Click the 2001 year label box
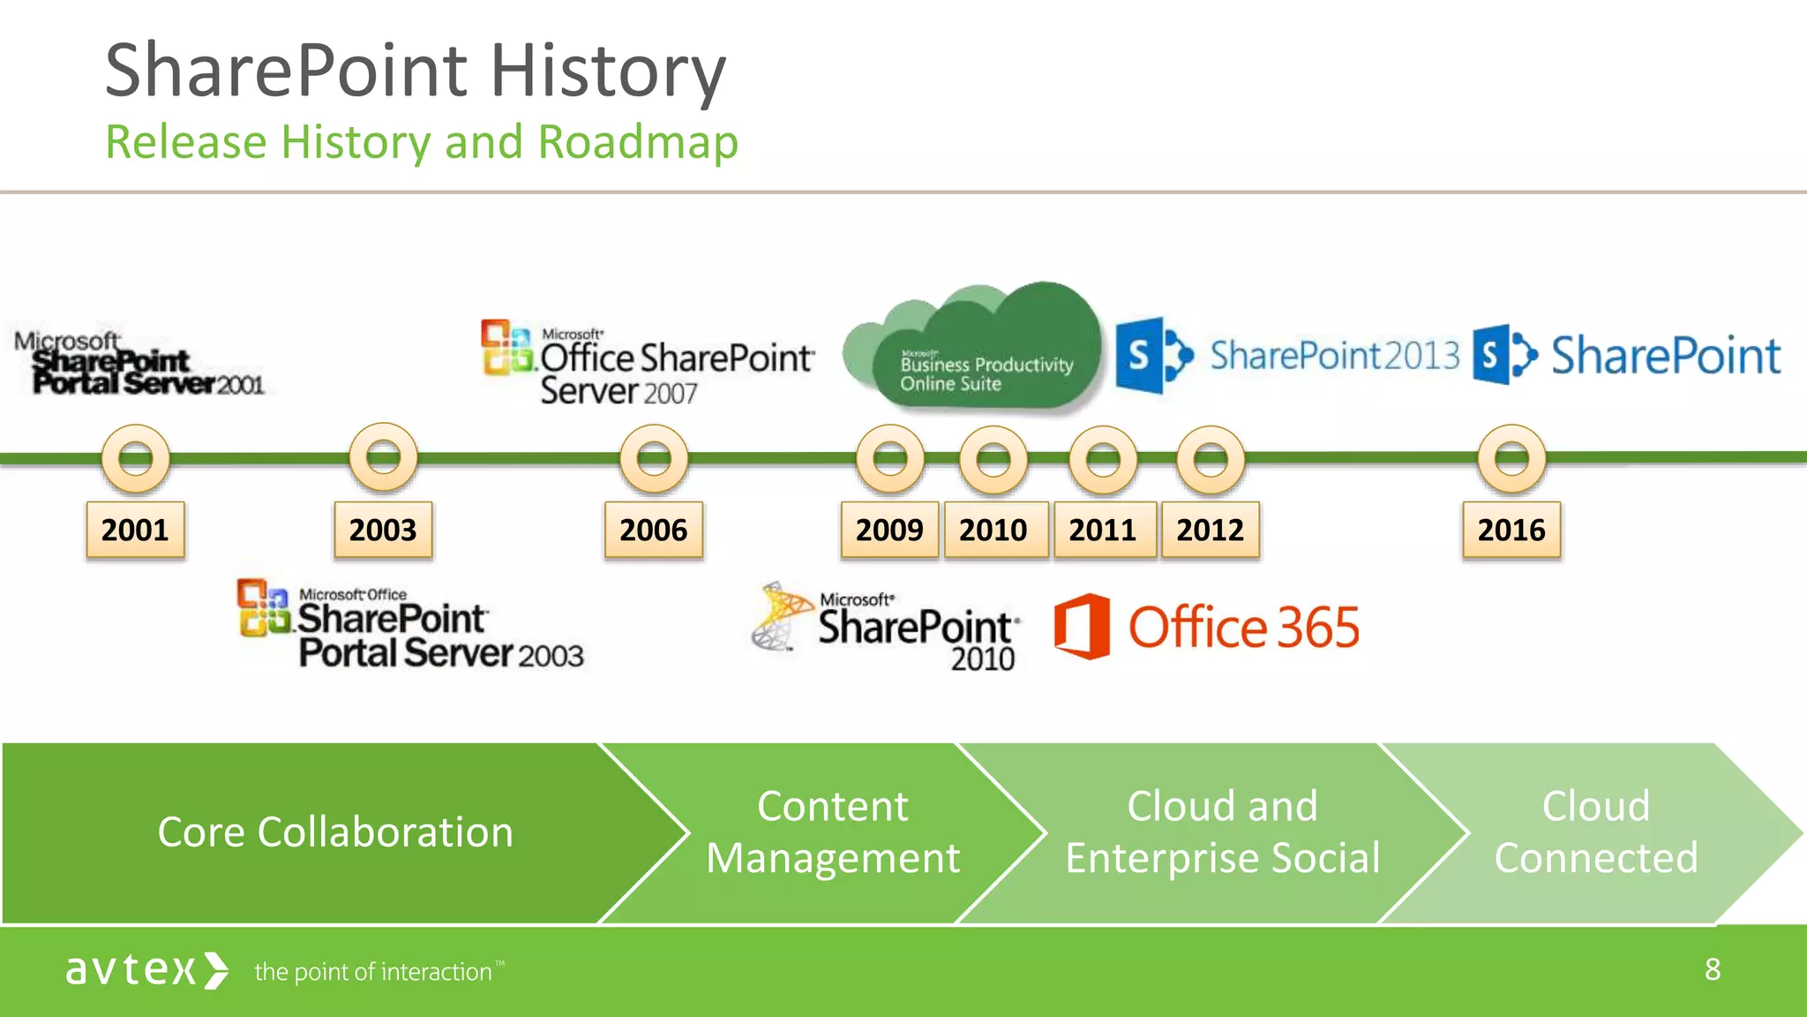(135, 530)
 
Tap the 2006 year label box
(653, 530)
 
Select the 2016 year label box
(1511, 530)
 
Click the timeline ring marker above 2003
(383, 457)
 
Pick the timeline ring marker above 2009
(890, 458)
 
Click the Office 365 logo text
(1243, 628)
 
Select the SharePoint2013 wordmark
(1334, 356)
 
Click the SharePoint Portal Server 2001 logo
(139, 363)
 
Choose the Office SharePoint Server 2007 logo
(649, 362)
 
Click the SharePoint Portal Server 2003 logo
(410, 624)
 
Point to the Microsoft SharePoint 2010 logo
(887, 628)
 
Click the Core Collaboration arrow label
(335, 832)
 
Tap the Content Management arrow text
(832, 832)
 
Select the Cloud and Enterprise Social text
(1222, 832)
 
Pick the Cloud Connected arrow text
(1595, 832)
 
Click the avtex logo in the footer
(146, 970)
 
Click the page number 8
(1712, 969)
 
